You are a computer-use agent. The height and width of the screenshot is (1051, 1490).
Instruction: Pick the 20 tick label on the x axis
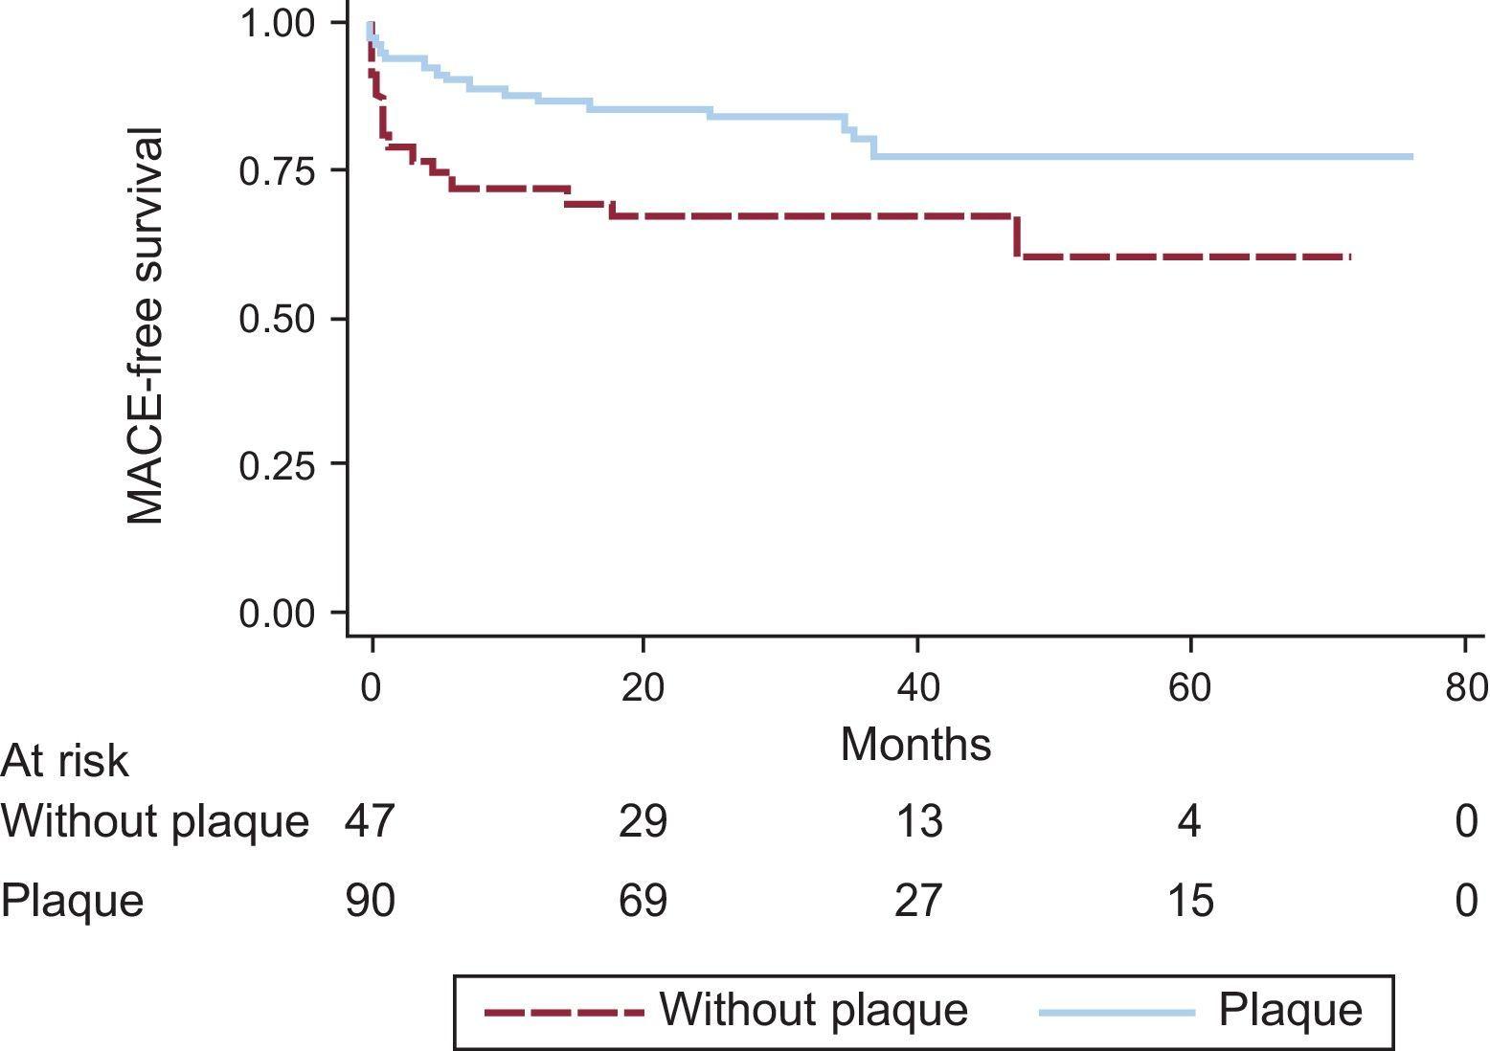pos(643,688)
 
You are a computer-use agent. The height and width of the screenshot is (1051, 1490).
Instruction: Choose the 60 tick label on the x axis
pos(1190,688)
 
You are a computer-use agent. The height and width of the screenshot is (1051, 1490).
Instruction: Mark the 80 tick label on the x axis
pos(1465,688)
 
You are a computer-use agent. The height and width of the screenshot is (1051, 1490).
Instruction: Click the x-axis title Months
pos(915,744)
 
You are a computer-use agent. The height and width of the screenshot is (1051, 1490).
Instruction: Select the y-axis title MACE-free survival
pos(146,325)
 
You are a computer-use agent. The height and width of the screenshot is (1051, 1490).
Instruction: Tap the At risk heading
pos(64,762)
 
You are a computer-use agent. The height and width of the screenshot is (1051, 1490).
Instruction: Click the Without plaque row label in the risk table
pos(155,821)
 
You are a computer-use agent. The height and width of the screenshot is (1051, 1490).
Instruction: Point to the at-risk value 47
pos(371,821)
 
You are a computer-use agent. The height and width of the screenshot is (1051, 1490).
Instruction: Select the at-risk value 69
pos(643,900)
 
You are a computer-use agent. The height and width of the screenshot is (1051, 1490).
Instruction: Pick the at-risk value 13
pos(918,821)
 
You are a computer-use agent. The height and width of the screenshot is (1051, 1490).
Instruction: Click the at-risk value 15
pos(1190,900)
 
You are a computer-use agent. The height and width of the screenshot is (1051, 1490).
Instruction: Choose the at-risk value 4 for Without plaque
pos(1189,821)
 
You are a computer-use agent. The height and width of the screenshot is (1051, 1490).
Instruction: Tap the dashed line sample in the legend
pos(563,1012)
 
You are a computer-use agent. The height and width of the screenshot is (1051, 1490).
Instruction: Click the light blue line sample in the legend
pos(1117,1012)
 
